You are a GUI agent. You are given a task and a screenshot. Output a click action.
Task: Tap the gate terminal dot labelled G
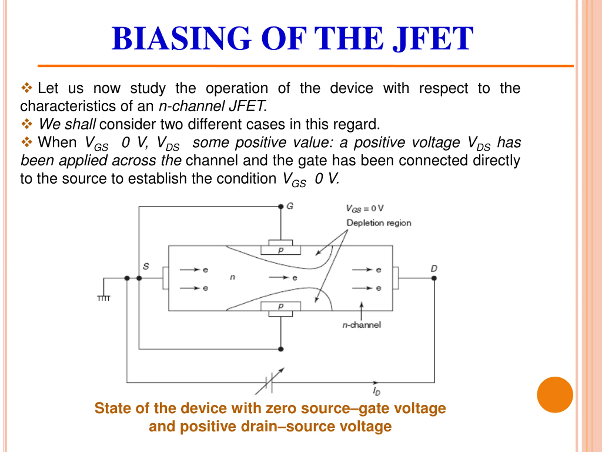[281, 206]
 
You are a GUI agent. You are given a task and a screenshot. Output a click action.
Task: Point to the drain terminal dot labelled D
[434, 278]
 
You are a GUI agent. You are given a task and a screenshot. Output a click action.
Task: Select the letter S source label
[146, 266]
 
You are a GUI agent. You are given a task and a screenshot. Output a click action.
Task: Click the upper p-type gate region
[281, 250]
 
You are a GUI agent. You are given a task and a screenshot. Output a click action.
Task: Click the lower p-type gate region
[281, 306]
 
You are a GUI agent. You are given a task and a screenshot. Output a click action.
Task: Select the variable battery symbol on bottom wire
[269, 383]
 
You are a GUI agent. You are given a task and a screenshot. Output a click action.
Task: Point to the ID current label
[376, 391]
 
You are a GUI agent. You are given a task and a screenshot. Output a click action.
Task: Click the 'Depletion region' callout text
[379, 223]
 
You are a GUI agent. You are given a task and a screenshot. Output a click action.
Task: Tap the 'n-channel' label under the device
[361, 325]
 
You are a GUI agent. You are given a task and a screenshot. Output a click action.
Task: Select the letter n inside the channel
[232, 277]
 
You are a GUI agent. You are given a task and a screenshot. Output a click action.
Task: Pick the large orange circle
[555, 395]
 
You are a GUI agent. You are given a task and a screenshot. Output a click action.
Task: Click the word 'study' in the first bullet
[148, 88]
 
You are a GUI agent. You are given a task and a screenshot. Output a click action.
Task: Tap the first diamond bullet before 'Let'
[27, 88]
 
